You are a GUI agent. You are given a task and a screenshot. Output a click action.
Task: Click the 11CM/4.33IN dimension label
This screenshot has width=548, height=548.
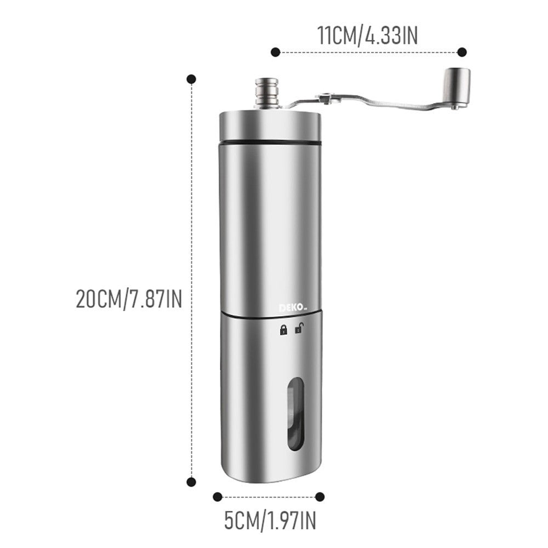(367, 36)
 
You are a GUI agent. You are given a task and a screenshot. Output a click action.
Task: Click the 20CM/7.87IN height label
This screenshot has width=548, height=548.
(129, 299)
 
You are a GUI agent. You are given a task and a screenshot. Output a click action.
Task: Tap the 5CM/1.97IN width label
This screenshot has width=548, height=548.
(270, 520)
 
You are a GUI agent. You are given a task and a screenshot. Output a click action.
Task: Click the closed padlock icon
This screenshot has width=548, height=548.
(283, 329)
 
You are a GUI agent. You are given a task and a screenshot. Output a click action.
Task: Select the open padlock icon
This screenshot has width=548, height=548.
(299, 328)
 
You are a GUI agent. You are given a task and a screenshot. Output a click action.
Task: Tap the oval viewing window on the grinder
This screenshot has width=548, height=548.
(296, 414)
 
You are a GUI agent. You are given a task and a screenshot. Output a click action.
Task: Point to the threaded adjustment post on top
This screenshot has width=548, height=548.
(267, 92)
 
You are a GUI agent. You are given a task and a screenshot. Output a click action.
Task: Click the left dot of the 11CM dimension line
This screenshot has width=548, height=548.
(276, 53)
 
